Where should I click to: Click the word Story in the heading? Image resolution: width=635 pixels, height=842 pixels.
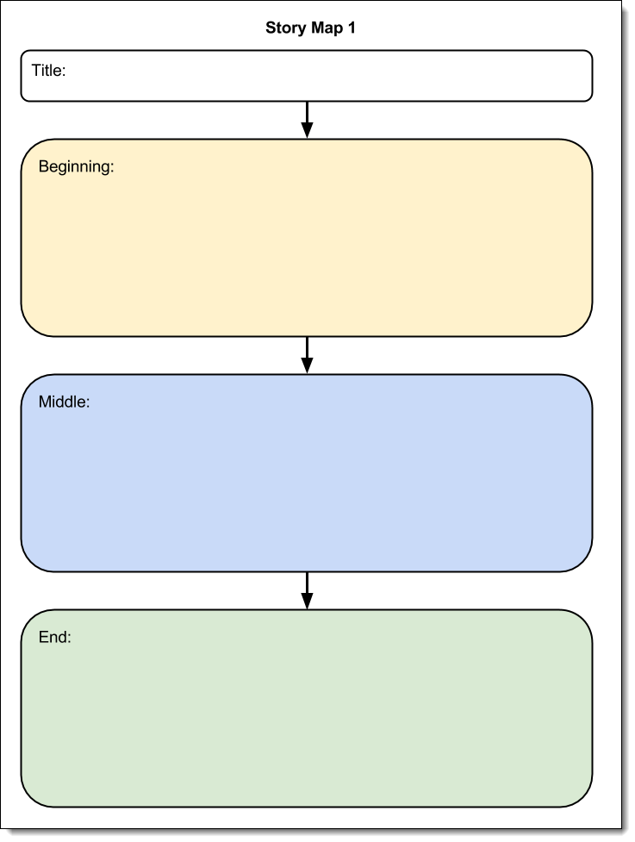tap(284, 28)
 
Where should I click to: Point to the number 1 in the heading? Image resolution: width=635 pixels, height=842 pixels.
tap(351, 28)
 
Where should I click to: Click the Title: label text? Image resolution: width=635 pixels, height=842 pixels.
tap(48, 71)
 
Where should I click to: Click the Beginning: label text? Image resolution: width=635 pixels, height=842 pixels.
tap(76, 167)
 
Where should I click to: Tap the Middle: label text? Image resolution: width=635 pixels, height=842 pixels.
tap(64, 402)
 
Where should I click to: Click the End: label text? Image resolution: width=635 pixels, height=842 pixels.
tap(54, 638)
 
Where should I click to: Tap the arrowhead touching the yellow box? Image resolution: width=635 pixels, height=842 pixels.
tap(307, 130)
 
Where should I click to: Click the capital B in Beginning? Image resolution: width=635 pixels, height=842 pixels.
tap(44, 166)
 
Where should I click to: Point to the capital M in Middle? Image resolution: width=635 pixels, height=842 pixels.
tap(45, 402)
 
